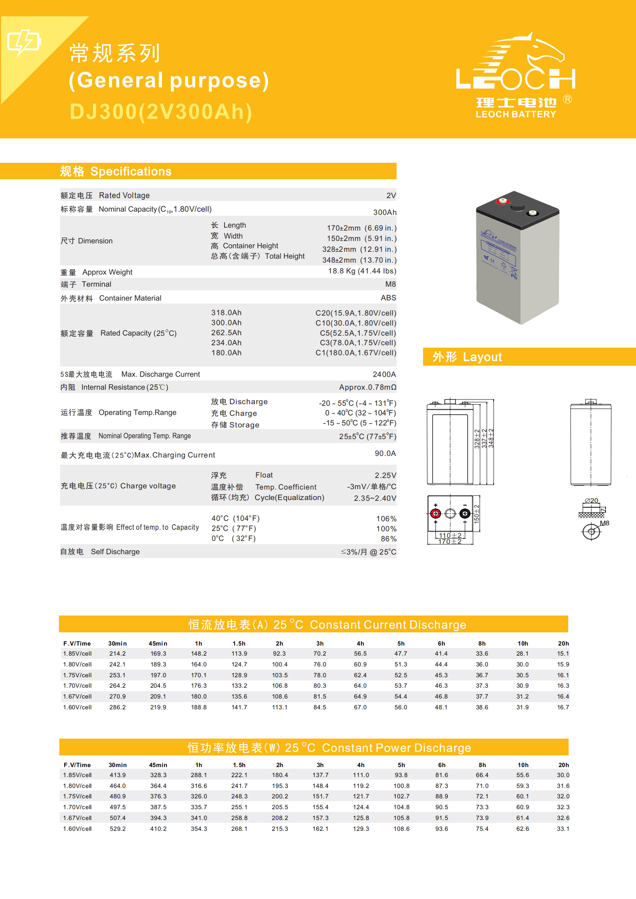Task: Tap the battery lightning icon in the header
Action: pos(24,42)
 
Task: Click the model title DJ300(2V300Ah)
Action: pos(161,112)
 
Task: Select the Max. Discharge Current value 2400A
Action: pos(384,375)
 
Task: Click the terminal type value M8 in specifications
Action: pos(390,284)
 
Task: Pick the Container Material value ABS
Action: pos(388,298)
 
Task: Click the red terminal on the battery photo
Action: pos(502,201)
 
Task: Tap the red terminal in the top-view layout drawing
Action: pos(435,513)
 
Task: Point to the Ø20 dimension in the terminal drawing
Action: pos(591,500)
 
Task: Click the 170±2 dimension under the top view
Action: pos(450,542)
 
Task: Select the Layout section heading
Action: pos(467,357)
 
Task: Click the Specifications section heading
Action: pos(116,172)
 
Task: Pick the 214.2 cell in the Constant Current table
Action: pos(117,654)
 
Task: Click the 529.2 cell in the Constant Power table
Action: pos(117,829)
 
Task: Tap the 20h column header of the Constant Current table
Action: pos(563,644)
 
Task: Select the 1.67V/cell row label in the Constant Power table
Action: pos(77,818)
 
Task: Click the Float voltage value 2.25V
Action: pos(385,476)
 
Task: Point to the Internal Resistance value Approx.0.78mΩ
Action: pos(367,387)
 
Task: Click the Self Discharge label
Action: pos(100,552)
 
